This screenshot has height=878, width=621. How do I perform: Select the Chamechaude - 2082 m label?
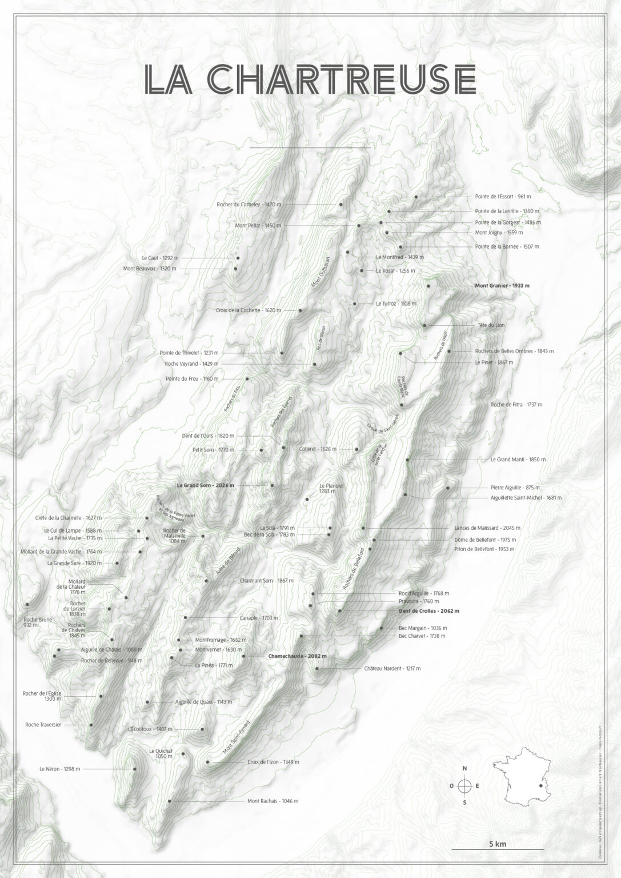(297, 656)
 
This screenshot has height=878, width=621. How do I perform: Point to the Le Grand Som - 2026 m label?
(205, 485)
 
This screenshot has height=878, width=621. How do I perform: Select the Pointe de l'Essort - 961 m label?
(503, 197)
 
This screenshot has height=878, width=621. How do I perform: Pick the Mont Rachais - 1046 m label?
(273, 801)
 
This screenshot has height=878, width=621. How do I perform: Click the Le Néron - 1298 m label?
(60, 769)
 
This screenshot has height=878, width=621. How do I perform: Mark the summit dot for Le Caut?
(237, 258)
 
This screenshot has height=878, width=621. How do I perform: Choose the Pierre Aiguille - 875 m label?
(515, 488)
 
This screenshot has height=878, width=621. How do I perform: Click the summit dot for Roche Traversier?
(91, 725)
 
